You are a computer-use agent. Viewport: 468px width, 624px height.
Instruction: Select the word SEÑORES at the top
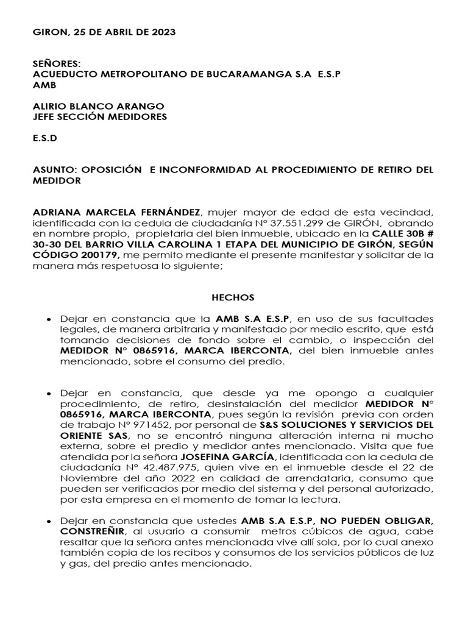coord(55,63)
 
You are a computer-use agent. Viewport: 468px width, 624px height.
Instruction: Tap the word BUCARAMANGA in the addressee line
coord(214,74)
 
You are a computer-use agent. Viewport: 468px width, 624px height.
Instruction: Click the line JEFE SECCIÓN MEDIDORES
coord(99,116)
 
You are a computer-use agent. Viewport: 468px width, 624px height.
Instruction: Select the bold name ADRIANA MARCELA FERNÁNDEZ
coord(116,212)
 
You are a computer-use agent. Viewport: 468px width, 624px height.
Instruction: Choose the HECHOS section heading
coord(233,297)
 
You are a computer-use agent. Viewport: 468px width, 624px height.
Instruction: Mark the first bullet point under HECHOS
coord(48,319)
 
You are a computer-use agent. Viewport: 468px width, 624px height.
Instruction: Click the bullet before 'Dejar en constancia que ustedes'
coord(48,522)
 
